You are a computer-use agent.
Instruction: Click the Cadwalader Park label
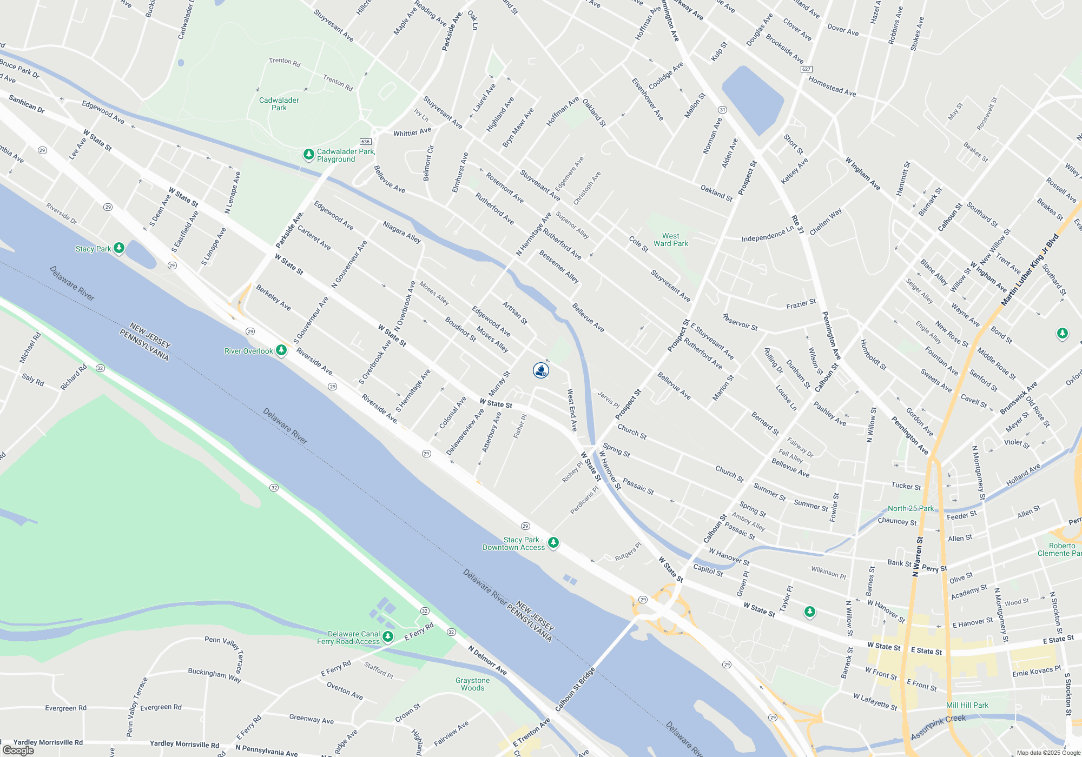(279, 104)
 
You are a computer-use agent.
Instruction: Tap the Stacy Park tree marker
(119, 248)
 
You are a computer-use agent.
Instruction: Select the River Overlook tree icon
(281, 350)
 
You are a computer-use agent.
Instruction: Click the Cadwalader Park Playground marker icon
(308, 155)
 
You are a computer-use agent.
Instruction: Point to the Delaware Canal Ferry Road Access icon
(388, 637)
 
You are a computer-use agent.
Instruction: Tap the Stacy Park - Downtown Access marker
(553, 542)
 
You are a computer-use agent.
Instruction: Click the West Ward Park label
(670, 240)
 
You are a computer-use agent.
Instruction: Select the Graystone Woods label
(472, 684)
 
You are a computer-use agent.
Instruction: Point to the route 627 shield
(806, 69)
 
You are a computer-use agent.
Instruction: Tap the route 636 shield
(365, 142)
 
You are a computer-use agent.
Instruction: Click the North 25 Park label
(911, 508)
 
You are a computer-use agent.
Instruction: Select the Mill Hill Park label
(967, 705)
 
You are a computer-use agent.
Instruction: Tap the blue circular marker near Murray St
(541, 370)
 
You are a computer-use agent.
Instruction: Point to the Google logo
(18, 750)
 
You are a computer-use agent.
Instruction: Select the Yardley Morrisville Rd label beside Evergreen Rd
(48, 742)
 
